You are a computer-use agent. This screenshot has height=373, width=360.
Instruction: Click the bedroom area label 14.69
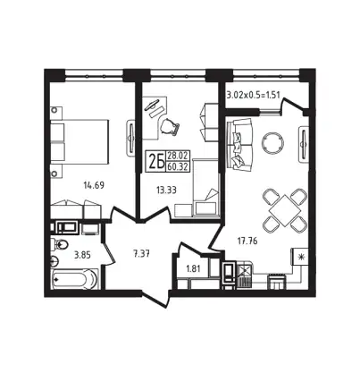[94, 185]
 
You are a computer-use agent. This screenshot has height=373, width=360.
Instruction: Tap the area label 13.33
[166, 190]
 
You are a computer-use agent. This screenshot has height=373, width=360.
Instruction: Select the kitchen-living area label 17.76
[247, 241]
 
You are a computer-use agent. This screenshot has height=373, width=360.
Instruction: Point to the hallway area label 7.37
[141, 254]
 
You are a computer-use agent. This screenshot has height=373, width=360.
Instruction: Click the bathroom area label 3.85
[82, 255]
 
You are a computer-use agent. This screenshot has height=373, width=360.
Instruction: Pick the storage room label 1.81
[193, 268]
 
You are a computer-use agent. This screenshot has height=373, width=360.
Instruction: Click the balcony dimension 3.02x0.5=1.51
[254, 96]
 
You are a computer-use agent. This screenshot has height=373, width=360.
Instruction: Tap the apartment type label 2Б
[156, 162]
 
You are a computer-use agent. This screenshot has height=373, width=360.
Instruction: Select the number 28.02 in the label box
[178, 157]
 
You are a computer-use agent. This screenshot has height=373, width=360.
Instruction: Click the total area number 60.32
[178, 166]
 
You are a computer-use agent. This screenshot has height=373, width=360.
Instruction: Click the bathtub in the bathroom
[75, 279]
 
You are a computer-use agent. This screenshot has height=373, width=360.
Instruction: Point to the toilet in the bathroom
[59, 245]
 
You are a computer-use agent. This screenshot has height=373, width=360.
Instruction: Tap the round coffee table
[272, 142]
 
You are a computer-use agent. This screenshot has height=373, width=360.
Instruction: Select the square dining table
[285, 210]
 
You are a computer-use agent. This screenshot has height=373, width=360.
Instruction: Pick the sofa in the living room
[239, 145]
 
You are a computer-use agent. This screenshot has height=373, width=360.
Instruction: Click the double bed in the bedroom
[80, 141]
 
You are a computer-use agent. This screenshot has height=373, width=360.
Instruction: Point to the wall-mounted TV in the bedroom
[131, 138]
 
